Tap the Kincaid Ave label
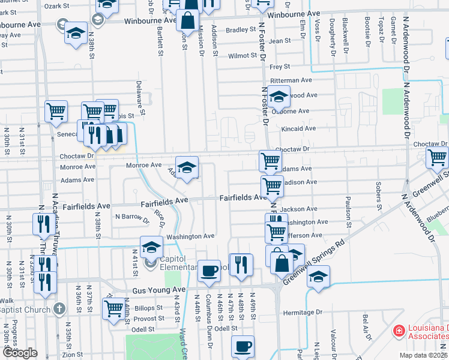298,128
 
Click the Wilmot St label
243,56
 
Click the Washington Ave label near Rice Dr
191,236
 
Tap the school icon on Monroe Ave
187,167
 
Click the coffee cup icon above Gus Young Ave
209,271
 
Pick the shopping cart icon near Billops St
113,308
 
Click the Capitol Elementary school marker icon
151,247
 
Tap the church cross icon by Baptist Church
58,309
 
